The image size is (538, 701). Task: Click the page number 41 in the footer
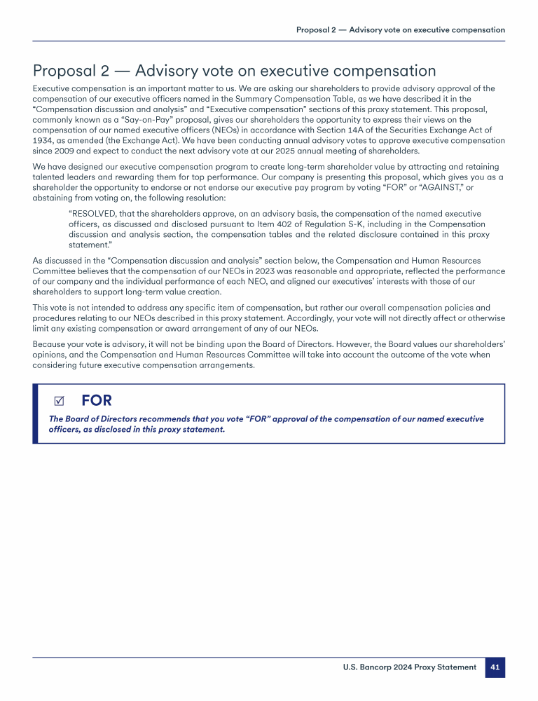(495, 667)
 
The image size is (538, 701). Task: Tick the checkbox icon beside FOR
(59, 401)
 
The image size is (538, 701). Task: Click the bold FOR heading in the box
(97, 400)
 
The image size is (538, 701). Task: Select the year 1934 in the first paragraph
(44, 140)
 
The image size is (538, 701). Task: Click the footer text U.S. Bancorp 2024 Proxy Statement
(409, 667)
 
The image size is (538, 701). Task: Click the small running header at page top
(400, 30)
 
